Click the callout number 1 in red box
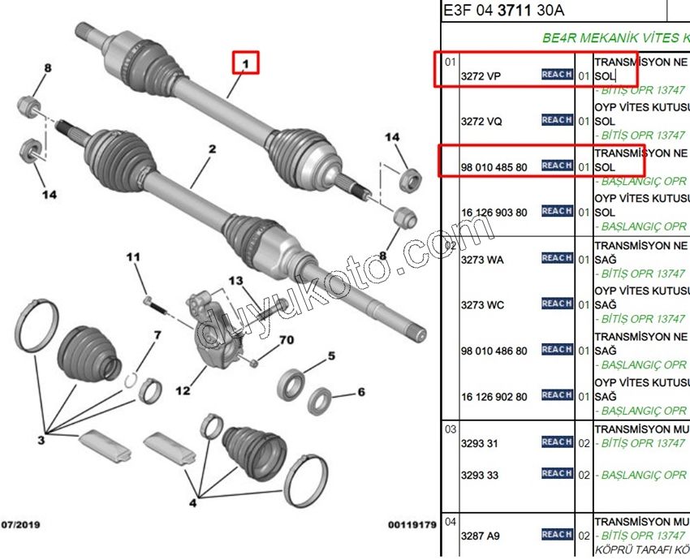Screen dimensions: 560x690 246,62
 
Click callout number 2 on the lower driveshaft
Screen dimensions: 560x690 211,149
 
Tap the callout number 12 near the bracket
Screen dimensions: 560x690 183,390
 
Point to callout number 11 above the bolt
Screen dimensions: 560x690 133,257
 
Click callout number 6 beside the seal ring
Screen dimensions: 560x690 360,392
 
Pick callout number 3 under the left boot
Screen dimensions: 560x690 41,440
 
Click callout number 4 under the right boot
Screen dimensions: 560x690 192,503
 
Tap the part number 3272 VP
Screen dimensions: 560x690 481,75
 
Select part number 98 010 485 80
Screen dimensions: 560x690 494,167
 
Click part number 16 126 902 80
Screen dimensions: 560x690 494,397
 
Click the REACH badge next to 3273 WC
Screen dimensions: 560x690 557,304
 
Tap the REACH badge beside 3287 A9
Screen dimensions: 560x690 557,534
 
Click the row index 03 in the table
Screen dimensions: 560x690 451,429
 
